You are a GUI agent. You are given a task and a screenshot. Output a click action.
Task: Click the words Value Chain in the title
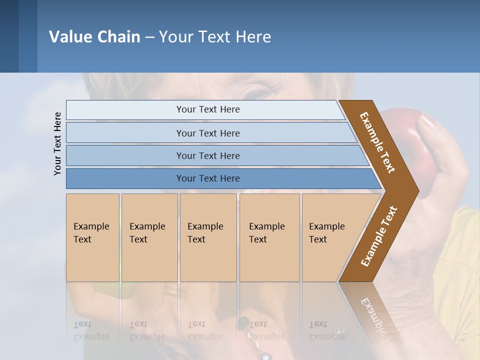click(x=94, y=36)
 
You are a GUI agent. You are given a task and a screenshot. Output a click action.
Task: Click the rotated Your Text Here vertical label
click(x=57, y=143)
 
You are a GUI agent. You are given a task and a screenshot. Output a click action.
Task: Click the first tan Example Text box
click(x=92, y=237)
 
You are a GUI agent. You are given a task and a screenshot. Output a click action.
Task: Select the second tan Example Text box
click(x=149, y=237)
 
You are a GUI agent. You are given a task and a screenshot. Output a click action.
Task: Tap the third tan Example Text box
click(x=208, y=237)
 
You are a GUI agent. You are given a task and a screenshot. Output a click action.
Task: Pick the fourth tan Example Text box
click(x=269, y=237)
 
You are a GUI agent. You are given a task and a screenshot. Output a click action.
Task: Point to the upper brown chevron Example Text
click(x=377, y=142)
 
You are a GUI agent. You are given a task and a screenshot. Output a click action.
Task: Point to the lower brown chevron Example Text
click(x=378, y=236)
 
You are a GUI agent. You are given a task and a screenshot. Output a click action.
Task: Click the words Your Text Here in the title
click(x=215, y=36)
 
